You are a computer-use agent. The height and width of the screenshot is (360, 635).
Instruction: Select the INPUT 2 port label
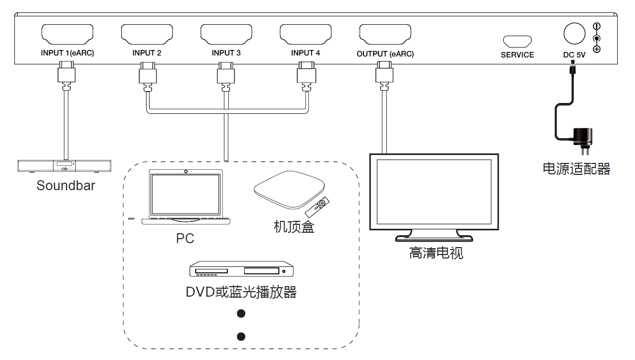(147, 53)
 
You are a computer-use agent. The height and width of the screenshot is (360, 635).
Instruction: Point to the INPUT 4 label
(306, 53)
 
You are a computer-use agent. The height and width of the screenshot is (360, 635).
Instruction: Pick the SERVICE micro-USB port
(517, 41)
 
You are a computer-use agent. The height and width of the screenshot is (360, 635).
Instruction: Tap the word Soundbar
(65, 186)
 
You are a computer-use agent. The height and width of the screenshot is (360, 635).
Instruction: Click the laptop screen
(186, 194)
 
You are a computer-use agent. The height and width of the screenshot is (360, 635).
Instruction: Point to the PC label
(185, 239)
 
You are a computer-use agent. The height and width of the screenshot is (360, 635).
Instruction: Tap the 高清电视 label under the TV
(436, 254)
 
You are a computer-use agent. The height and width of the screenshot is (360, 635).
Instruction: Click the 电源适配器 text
(577, 169)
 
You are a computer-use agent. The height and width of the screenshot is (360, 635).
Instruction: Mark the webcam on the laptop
(186, 172)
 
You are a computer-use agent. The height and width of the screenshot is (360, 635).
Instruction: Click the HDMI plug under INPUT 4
(306, 74)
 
